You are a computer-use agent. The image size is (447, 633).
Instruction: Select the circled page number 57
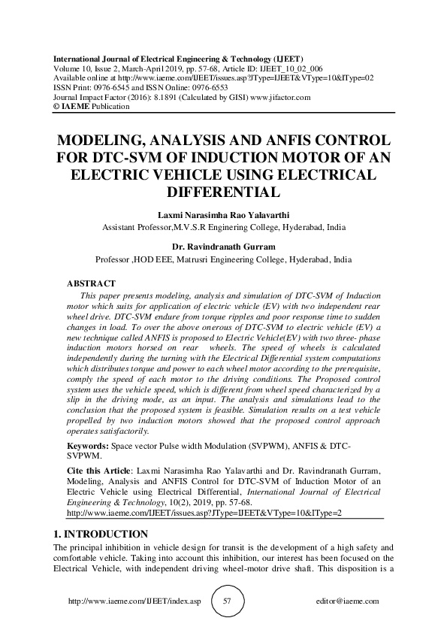tap(226, 601)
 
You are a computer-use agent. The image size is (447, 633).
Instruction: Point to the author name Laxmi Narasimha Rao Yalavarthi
tap(223, 214)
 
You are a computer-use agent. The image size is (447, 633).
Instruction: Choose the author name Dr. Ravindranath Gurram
tap(223, 245)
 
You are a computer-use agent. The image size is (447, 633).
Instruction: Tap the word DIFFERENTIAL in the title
tap(223, 191)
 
